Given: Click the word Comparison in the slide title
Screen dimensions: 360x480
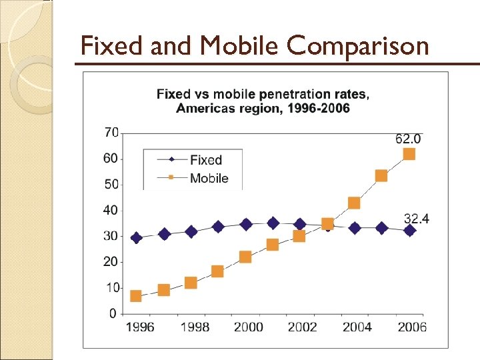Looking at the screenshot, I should [358, 46].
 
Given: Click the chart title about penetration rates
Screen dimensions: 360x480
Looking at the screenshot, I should [263, 101].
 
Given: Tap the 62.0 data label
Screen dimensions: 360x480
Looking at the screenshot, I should [408, 139].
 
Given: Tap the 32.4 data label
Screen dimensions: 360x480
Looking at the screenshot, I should [417, 218].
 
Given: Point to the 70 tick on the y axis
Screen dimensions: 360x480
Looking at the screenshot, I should [111, 133].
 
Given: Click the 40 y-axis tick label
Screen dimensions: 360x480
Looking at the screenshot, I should [111, 211].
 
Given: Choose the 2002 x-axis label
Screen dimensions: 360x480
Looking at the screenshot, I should [302, 327].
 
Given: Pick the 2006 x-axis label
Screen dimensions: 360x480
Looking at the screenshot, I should [411, 327].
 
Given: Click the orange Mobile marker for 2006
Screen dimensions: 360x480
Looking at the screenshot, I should [409, 154].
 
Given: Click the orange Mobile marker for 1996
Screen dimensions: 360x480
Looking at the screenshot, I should [136, 296].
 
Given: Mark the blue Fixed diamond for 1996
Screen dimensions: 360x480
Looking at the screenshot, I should [136, 238].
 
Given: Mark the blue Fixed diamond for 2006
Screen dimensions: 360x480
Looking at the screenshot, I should [409, 230].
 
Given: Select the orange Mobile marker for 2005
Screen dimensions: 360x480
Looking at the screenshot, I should [381, 176].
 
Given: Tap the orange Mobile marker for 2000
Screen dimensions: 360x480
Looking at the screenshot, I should [245, 257].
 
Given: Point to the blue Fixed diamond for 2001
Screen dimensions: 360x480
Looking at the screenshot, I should [273, 223].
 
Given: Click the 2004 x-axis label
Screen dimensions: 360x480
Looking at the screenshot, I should [357, 327].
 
